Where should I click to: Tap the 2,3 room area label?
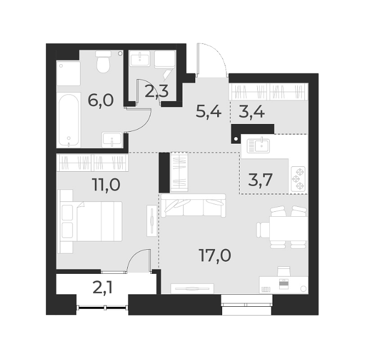pyautogui.click(x=156, y=91)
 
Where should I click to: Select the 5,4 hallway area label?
pyautogui.click(x=208, y=112)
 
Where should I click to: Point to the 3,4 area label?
pyautogui.click(x=252, y=112)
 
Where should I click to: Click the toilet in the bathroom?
pyautogui.click(x=103, y=63)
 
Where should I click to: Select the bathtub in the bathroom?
pyautogui.click(x=69, y=120)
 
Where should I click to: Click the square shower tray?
pyautogui.click(x=68, y=73)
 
